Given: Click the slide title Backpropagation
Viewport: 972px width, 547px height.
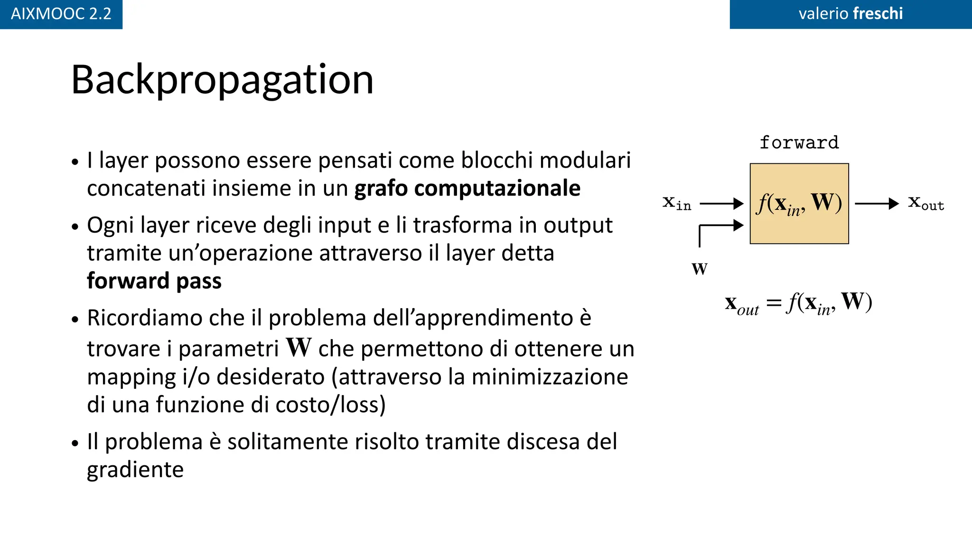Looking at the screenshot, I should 222,80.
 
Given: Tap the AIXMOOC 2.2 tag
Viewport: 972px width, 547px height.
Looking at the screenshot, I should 61,14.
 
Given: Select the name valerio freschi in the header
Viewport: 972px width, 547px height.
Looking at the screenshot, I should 850,14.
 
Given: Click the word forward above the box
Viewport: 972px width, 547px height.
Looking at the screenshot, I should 799,142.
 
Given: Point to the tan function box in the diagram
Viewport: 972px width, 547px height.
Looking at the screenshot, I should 799,228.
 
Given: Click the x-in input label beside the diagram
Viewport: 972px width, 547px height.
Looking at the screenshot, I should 677,203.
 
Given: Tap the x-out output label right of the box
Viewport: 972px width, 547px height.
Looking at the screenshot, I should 926,203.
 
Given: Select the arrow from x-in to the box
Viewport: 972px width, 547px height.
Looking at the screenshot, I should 721,204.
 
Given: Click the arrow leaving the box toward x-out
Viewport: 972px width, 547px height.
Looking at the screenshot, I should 876,204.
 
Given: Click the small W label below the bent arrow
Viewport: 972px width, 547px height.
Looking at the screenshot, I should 700,269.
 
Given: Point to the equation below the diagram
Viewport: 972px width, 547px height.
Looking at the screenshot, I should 799,303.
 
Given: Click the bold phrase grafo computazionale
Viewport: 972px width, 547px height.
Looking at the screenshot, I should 467,189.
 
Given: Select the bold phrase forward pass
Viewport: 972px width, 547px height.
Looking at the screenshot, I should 154,281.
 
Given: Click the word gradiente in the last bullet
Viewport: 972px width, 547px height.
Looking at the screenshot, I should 135,470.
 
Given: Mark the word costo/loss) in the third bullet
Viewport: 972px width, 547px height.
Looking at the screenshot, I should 330,405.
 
